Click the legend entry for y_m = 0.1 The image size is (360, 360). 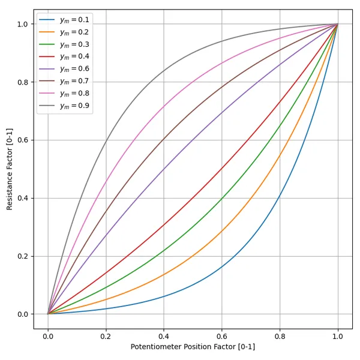(x=65, y=20)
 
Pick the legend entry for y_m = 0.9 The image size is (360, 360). (x=65, y=106)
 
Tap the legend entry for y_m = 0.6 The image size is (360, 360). (x=65, y=69)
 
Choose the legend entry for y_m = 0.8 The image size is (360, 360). (x=65, y=94)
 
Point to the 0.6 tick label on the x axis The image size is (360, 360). (x=222, y=337)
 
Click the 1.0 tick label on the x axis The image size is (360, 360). (x=338, y=337)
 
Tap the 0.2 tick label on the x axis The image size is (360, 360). (x=106, y=337)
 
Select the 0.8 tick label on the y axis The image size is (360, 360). (x=23, y=82)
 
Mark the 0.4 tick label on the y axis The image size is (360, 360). (x=23, y=198)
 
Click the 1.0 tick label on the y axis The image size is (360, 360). (x=23, y=24)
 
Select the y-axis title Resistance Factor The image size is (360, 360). (x=10, y=169)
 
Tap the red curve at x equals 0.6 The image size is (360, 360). (x=222, y=168)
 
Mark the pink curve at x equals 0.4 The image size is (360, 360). (x=164, y=107)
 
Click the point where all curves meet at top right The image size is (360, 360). (x=338, y=24)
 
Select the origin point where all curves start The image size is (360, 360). (x=48, y=314)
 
